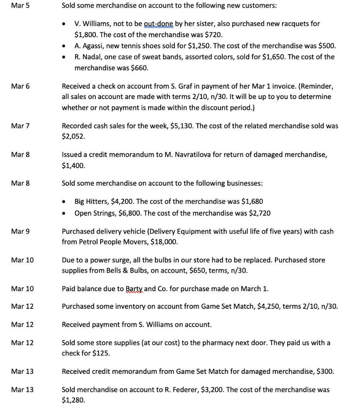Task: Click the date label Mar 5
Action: click(18, 6)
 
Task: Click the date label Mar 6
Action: click(18, 86)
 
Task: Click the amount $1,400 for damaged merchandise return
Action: click(73, 165)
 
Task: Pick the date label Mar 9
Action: click(18, 231)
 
